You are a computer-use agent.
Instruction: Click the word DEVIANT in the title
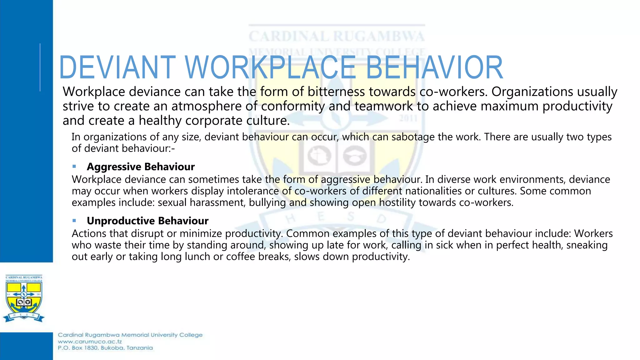pyautogui.click(x=117, y=67)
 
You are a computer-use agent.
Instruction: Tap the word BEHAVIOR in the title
pyautogui.click(x=434, y=67)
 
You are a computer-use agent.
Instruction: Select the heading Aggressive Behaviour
pyautogui.click(x=141, y=167)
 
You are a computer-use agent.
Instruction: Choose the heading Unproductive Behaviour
pyautogui.click(x=147, y=221)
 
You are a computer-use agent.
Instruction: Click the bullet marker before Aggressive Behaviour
pyautogui.click(x=74, y=167)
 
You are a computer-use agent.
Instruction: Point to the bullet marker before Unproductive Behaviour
pyautogui.click(x=74, y=221)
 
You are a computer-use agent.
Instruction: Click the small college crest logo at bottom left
pyautogui.click(x=24, y=298)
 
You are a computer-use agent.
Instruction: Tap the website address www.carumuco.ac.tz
pyautogui.click(x=90, y=342)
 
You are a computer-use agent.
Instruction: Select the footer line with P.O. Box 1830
pyautogui.click(x=105, y=348)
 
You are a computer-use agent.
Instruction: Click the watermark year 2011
pyautogui.click(x=408, y=118)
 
